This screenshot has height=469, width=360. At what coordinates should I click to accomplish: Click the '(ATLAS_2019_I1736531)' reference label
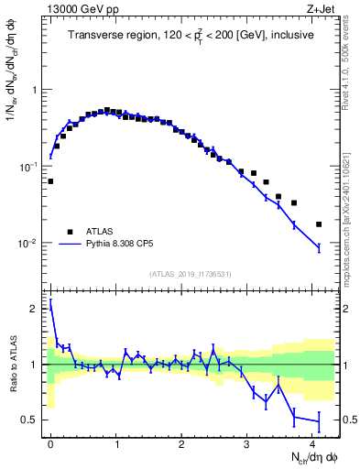coord(190,275)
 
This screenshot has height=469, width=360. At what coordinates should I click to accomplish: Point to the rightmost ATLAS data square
coord(319,224)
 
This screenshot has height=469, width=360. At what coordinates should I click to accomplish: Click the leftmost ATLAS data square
coord(50,181)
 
